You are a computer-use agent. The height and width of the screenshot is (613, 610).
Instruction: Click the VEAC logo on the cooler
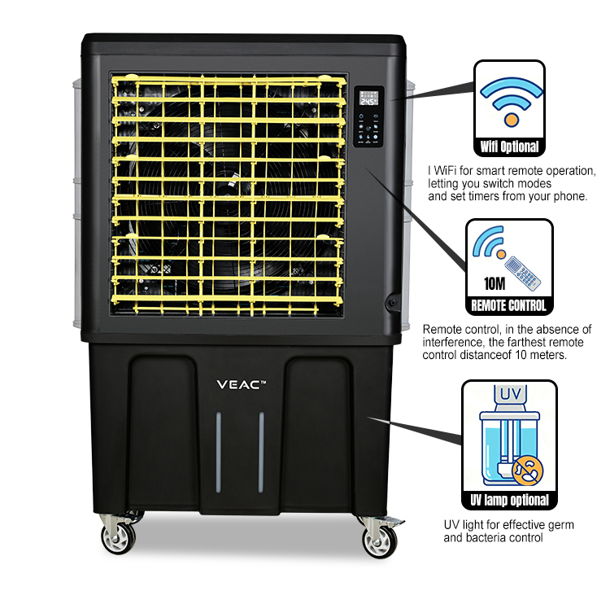(x=241, y=385)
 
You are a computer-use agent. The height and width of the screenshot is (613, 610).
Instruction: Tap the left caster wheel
(x=118, y=538)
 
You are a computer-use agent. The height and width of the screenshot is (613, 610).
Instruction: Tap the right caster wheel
(x=379, y=541)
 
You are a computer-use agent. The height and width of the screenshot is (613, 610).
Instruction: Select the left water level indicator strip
(x=218, y=452)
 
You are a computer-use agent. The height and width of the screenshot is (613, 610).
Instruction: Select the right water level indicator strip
(x=261, y=452)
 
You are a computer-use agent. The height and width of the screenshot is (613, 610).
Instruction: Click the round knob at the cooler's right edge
(x=392, y=302)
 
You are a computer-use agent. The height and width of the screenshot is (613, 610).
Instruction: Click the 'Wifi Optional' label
(x=509, y=147)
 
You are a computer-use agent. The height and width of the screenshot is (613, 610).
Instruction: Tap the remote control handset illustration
(x=522, y=274)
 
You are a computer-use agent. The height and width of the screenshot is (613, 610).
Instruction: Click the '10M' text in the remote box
(x=495, y=283)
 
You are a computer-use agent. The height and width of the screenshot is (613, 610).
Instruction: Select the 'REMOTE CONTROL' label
(x=508, y=306)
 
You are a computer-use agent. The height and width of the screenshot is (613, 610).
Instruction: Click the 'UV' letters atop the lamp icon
(x=511, y=394)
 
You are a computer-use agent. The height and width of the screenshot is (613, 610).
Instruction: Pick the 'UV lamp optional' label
(x=509, y=501)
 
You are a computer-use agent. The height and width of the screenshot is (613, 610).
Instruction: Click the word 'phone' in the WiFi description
(x=569, y=196)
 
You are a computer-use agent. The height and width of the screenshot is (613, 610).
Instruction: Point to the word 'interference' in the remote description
(x=454, y=343)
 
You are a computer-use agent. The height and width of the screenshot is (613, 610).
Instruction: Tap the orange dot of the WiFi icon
(x=511, y=119)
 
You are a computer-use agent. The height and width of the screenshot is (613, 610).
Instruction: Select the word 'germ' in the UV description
(x=560, y=526)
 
